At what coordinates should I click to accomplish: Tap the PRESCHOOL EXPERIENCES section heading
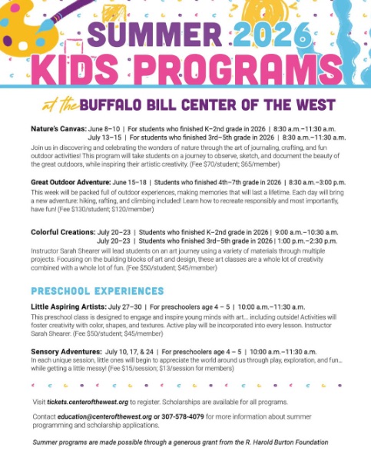[x=97, y=291]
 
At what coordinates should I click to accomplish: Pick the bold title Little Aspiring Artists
[x=67, y=307]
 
